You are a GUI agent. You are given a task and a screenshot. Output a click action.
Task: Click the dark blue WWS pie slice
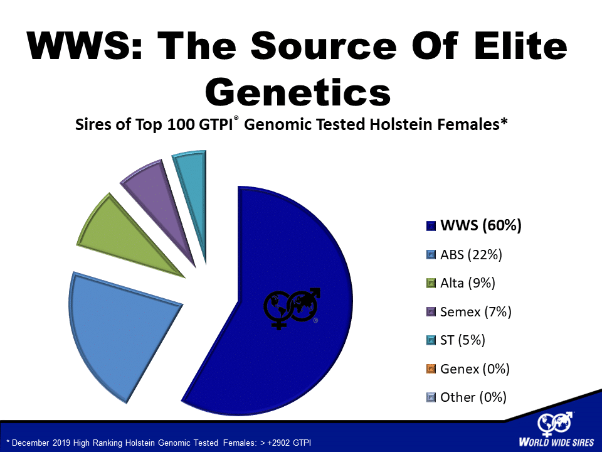coord(284,308)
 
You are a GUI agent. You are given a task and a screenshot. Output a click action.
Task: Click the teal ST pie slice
coord(194,185)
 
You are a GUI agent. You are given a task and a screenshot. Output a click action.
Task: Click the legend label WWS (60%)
coord(481,225)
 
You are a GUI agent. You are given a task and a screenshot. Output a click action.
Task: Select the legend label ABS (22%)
coord(471,254)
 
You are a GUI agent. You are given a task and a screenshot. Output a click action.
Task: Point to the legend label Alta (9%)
coord(468,283)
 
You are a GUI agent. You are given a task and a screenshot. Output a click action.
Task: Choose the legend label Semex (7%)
coord(476,311)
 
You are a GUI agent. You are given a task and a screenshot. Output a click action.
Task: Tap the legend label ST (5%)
coord(463,340)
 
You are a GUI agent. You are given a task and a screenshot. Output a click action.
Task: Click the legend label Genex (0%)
coord(475,369)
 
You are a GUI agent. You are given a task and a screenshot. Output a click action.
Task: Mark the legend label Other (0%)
coord(473,397)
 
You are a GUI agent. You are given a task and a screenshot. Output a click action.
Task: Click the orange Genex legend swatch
coord(431,369)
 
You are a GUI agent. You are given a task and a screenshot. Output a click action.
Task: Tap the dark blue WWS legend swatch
coord(431,225)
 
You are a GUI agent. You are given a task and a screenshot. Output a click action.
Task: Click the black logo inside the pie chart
coord(292,308)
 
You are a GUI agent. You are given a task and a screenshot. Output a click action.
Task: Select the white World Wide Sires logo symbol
coord(555,424)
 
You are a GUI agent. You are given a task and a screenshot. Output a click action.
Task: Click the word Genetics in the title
coord(298,92)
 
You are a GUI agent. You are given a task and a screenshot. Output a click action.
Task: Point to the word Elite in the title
coord(520,45)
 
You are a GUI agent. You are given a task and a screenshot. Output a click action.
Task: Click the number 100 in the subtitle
coord(181,124)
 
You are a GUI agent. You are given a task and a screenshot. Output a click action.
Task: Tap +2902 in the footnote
coord(278,443)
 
